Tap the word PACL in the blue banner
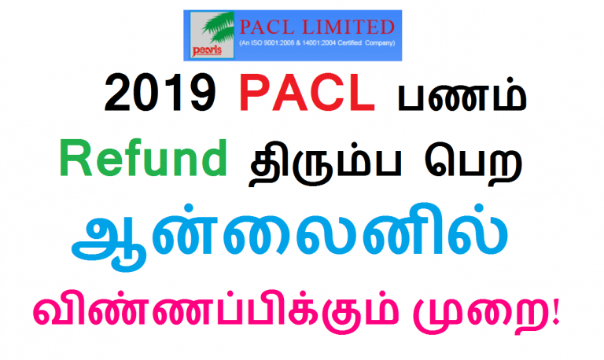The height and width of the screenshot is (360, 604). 270,26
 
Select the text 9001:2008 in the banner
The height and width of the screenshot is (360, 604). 289,42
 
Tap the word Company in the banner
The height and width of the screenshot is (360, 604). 395,42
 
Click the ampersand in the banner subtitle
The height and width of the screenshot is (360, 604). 311,42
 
